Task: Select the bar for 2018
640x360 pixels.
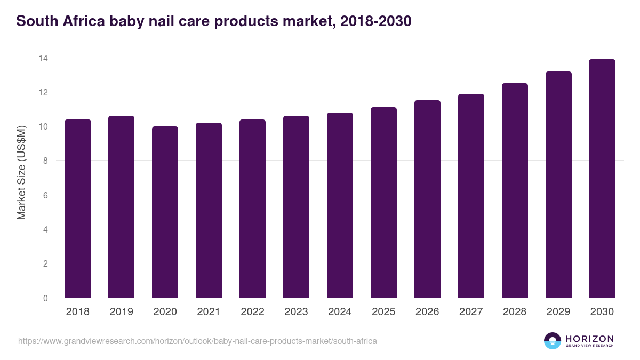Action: coord(78,209)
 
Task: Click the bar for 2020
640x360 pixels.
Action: coord(165,212)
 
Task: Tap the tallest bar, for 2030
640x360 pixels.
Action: coord(602,179)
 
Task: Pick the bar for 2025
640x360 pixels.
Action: coord(384,203)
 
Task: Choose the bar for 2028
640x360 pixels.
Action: coord(515,190)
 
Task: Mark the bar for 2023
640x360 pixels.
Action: coord(297,207)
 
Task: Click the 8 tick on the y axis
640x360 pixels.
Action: coord(45,161)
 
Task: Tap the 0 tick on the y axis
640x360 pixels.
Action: coord(45,298)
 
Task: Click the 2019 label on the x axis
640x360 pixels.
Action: coord(122,312)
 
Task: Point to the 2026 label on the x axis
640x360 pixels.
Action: coord(427,312)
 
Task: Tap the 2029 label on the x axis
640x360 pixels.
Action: coord(558,312)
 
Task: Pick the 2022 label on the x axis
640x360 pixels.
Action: coord(253,312)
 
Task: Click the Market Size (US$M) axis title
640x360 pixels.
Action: coord(21,173)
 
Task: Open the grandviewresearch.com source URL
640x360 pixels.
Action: coord(197,341)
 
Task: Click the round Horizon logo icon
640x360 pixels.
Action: coord(553,341)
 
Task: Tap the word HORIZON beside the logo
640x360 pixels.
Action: coord(589,338)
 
